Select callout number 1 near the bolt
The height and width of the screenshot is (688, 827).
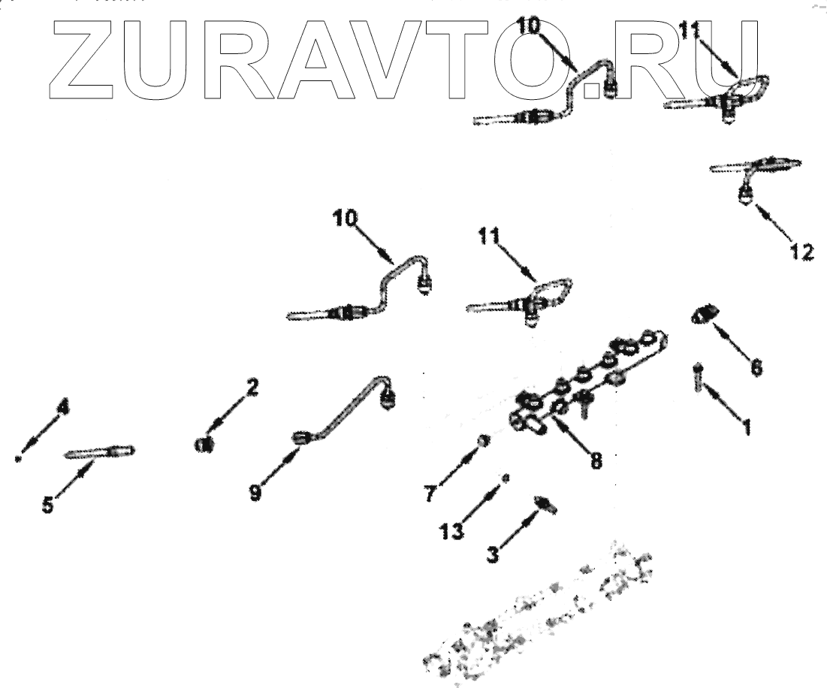pos(746,427)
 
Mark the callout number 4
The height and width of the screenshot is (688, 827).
pos(64,408)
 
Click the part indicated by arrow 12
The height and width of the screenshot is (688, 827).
pos(747,194)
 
